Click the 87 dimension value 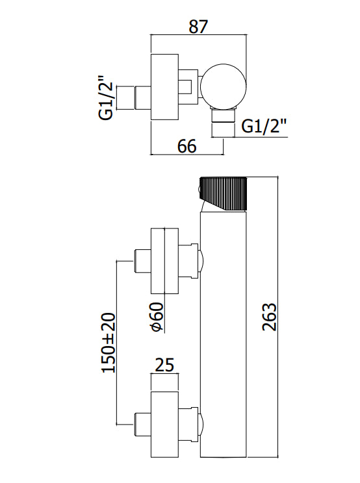click(198, 27)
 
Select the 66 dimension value click(186, 146)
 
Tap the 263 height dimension click(270, 317)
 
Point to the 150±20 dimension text click(108, 343)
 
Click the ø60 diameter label click(157, 317)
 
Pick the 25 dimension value click(164, 365)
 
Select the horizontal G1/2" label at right click(264, 126)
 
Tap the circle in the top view click(223, 86)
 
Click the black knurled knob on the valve click(224, 194)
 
